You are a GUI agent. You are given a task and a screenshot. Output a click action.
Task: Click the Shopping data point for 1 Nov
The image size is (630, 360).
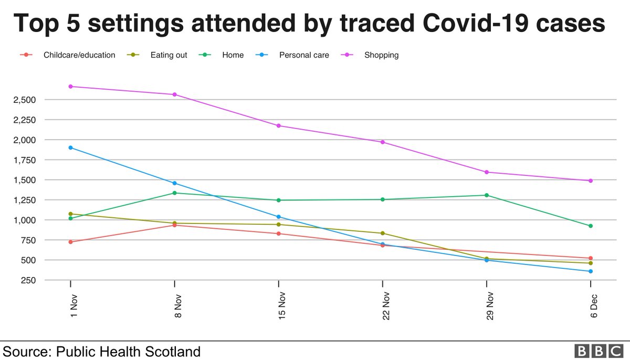pos(70,86)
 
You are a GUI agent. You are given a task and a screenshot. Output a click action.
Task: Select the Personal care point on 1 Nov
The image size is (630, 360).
pos(70,147)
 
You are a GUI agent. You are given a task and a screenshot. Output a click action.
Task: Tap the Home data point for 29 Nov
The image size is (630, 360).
pos(487,195)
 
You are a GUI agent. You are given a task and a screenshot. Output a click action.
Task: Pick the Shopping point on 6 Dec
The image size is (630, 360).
pos(591,181)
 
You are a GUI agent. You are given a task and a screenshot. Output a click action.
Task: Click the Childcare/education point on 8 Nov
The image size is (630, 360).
pos(174,225)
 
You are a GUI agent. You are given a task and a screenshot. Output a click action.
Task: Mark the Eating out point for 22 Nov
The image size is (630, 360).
pos(383,233)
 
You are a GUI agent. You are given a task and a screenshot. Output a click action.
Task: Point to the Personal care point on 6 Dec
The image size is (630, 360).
pos(591,271)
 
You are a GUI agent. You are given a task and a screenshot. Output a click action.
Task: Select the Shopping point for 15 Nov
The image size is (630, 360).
pos(279,125)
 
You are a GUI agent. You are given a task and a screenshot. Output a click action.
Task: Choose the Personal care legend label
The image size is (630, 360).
pos(304,55)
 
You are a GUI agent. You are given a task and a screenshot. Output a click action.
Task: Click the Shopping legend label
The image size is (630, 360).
pos(381,55)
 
